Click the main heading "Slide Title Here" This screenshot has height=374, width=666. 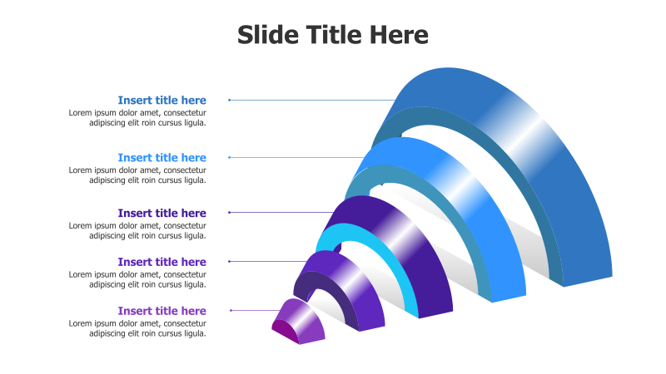tap(333, 35)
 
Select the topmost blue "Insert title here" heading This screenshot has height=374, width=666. tap(162, 101)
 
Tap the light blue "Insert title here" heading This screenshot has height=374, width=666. tap(162, 158)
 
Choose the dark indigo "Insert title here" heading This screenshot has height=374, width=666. tap(162, 214)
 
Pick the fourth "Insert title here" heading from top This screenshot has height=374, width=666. tap(162, 263)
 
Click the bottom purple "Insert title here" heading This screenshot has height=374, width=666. tap(162, 312)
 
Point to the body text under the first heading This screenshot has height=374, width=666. tap(137, 117)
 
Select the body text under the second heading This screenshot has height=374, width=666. tap(137, 175)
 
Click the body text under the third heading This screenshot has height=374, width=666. tap(137, 230)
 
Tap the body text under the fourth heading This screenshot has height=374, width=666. tap(137, 279)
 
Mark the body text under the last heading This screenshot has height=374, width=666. tap(137, 328)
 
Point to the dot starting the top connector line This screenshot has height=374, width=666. tap(229, 101)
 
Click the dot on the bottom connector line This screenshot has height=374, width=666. tap(231, 311)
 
